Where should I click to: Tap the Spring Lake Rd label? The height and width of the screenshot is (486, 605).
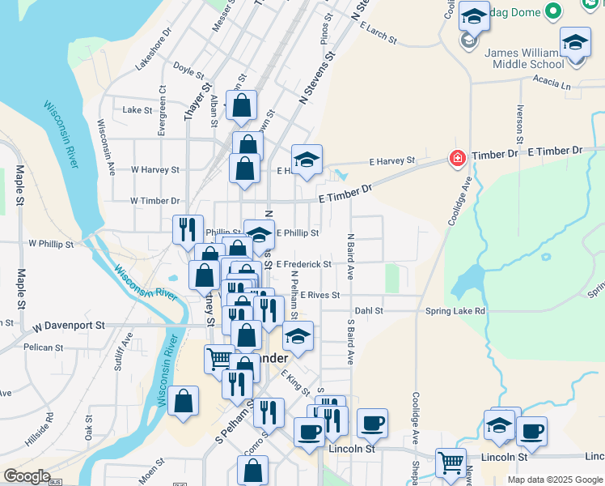pos(457,311)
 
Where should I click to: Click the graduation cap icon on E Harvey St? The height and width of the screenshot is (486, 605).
pos(307,160)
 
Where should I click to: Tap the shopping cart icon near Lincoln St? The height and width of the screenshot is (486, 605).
pos(451,463)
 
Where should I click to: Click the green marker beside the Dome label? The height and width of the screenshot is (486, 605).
pos(553,11)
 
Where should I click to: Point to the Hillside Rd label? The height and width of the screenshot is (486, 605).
pos(50,427)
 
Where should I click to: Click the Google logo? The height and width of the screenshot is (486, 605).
pos(27,476)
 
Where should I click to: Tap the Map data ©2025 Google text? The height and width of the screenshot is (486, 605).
pos(554,480)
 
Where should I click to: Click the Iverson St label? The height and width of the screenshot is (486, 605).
pos(518,122)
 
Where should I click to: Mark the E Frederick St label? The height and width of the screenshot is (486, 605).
pos(303,264)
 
